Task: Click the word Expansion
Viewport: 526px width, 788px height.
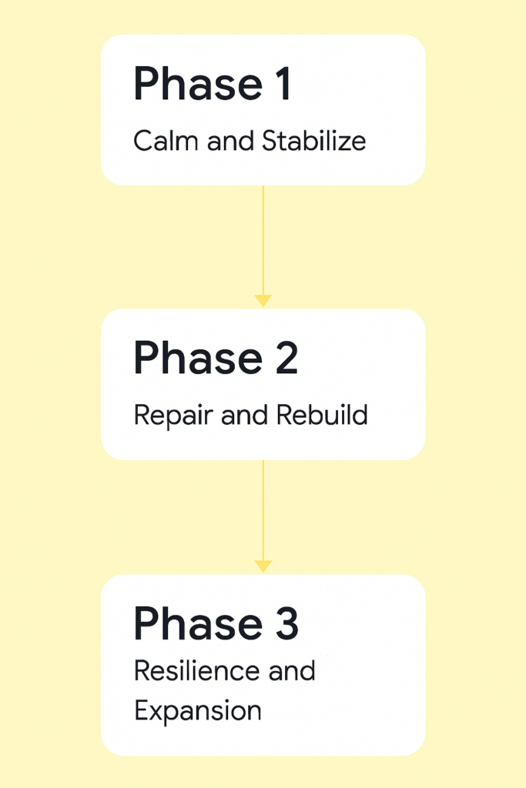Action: [197, 711]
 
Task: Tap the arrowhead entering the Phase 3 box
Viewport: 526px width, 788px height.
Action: [263, 566]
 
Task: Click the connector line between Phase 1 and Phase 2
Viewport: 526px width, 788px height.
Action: [263, 239]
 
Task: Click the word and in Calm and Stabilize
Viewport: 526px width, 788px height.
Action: [223, 142]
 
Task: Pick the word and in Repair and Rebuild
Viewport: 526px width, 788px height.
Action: [245, 416]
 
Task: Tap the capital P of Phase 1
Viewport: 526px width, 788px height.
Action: [146, 84]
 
